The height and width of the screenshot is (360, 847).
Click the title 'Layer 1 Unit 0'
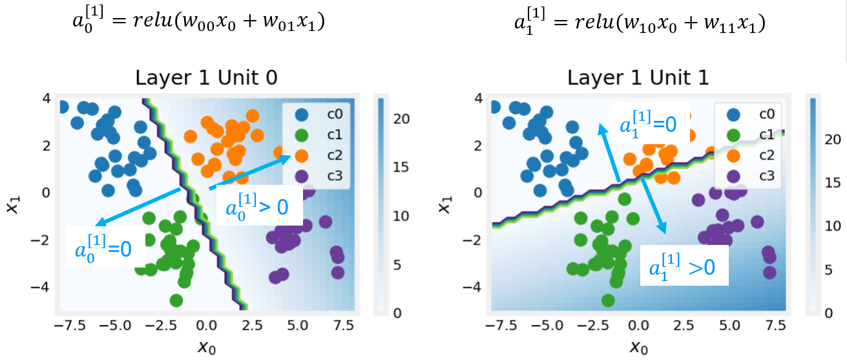207,78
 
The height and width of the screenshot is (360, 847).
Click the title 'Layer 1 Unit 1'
638,78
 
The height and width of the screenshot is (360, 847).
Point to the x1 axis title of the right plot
445,200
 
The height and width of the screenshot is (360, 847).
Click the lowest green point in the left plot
177,300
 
